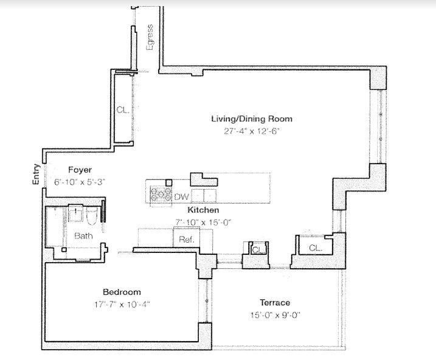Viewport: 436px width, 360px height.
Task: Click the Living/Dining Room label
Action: (x=251, y=119)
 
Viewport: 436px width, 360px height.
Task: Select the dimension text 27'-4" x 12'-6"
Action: (x=251, y=131)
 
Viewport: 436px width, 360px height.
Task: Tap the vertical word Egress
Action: (x=150, y=38)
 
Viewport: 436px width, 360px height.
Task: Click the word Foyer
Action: (x=80, y=170)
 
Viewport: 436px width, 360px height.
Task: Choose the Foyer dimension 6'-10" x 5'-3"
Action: (x=80, y=181)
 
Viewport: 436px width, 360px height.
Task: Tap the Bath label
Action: (x=83, y=235)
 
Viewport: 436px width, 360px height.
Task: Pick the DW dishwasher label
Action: (x=181, y=196)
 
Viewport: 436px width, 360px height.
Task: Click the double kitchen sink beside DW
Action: (x=204, y=195)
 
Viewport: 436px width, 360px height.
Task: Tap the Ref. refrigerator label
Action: (x=186, y=240)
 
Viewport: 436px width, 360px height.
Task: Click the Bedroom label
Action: (x=121, y=292)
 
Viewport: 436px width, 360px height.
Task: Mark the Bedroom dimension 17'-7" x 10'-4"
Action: (x=121, y=303)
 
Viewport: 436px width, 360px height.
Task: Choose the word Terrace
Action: (x=275, y=302)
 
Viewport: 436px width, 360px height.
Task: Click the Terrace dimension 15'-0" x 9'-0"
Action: (x=275, y=314)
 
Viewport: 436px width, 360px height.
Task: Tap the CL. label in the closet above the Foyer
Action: (x=122, y=110)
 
